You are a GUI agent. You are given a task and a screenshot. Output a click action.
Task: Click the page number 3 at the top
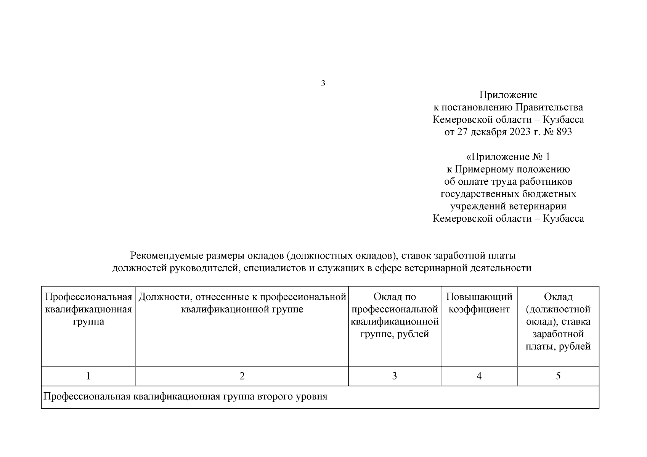323,83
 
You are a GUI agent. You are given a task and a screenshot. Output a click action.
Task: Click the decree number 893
564,132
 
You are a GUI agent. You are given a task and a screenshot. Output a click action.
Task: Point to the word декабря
487,132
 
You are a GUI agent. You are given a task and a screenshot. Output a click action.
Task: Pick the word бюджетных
553,194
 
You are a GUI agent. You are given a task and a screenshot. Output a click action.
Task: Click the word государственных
479,194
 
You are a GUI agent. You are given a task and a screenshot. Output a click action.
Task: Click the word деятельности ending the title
499,268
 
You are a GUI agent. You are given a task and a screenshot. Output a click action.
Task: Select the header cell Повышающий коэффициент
479,303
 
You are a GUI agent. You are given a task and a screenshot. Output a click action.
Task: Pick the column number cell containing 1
88,376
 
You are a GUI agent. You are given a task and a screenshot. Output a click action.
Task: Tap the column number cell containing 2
242,376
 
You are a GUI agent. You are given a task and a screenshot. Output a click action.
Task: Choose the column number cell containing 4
479,376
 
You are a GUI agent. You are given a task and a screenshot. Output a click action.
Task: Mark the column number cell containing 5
558,376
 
